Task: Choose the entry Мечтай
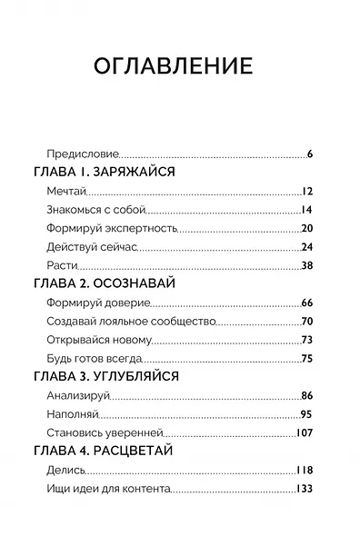point(64,191)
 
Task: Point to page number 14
point(306,210)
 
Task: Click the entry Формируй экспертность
point(104,228)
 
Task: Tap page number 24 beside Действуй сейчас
point(306,246)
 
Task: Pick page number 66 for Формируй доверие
point(306,303)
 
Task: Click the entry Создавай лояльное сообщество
point(128,322)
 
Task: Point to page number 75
point(306,358)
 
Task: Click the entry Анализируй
point(76,395)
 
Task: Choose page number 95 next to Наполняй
point(306,414)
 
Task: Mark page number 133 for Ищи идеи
point(305,489)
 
